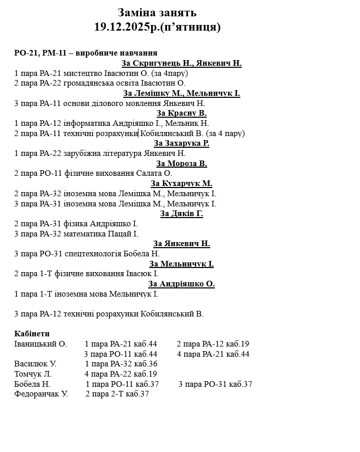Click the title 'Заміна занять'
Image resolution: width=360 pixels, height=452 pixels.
point(157,13)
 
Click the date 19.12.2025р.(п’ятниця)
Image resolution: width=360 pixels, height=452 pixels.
point(157,27)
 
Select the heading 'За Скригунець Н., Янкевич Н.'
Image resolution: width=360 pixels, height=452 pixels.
point(182,63)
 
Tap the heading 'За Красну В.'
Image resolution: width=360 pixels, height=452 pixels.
point(182,113)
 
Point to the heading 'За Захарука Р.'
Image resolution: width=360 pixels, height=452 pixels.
point(182,143)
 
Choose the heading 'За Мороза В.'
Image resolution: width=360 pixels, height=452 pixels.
point(182,164)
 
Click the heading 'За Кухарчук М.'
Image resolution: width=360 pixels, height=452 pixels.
point(182,183)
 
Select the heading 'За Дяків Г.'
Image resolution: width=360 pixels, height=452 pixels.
point(182,214)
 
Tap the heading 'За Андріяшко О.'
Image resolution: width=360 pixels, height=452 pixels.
point(182,284)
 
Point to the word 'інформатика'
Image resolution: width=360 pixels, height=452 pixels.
point(82,123)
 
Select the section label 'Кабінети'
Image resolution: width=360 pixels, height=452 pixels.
point(32,334)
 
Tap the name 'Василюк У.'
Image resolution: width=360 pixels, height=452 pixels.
point(35,364)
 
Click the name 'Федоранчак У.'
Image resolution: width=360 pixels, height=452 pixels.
point(41,394)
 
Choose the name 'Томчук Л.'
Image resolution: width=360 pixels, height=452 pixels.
point(33,374)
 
